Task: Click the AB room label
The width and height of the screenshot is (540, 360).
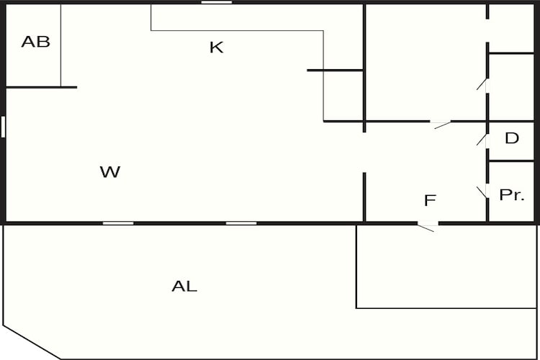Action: tap(35, 42)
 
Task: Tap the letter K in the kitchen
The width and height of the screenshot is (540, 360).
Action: tap(217, 48)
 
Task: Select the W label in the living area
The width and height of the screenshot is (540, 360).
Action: tap(110, 171)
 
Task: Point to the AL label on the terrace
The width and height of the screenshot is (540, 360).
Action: tap(184, 286)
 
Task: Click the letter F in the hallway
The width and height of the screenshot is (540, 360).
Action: tap(430, 200)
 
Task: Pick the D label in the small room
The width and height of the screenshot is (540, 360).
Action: tap(512, 138)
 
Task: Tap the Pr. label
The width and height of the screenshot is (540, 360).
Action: tap(512, 195)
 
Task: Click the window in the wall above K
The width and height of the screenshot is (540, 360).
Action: tap(217, 2)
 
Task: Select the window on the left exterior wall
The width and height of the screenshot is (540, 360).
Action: tap(3, 127)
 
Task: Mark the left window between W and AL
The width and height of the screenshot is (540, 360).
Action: tap(118, 223)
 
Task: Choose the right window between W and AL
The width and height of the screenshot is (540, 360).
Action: tap(241, 223)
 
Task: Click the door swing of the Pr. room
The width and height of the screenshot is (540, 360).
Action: tap(482, 192)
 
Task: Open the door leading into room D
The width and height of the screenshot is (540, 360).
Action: tap(482, 140)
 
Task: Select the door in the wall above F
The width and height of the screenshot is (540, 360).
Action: tap(443, 125)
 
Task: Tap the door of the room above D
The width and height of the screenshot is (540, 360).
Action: tap(482, 84)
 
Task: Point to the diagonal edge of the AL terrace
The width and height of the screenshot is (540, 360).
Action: tap(32, 342)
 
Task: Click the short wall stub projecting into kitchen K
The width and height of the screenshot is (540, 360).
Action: tap(335, 71)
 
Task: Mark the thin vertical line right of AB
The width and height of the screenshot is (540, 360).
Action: tap(61, 45)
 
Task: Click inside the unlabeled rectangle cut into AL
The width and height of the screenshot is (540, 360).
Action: tap(446, 266)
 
